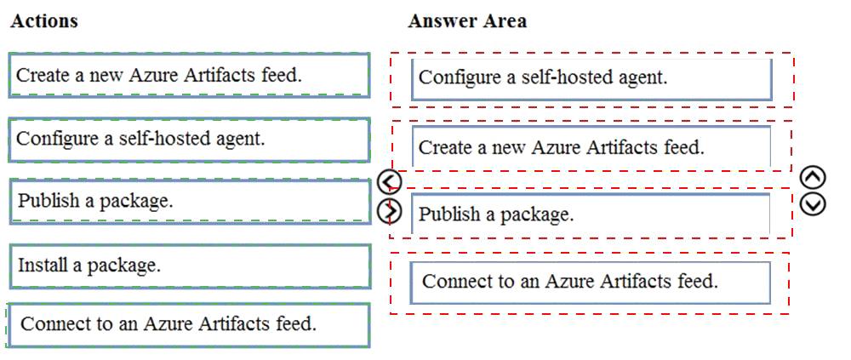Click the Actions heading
point(44,20)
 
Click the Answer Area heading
point(466,20)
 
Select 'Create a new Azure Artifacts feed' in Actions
point(190,75)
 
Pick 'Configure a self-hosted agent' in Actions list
point(190,140)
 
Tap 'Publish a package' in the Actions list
point(190,202)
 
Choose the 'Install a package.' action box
point(190,266)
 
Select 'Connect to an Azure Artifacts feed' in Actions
point(190,325)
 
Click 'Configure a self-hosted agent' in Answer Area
point(591,79)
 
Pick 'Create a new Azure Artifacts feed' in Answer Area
point(591,146)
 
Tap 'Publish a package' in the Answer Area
point(591,214)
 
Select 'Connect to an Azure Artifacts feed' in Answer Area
point(590,283)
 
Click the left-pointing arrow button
point(389,182)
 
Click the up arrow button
point(813,177)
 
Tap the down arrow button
point(813,203)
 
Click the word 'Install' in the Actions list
point(43,265)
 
